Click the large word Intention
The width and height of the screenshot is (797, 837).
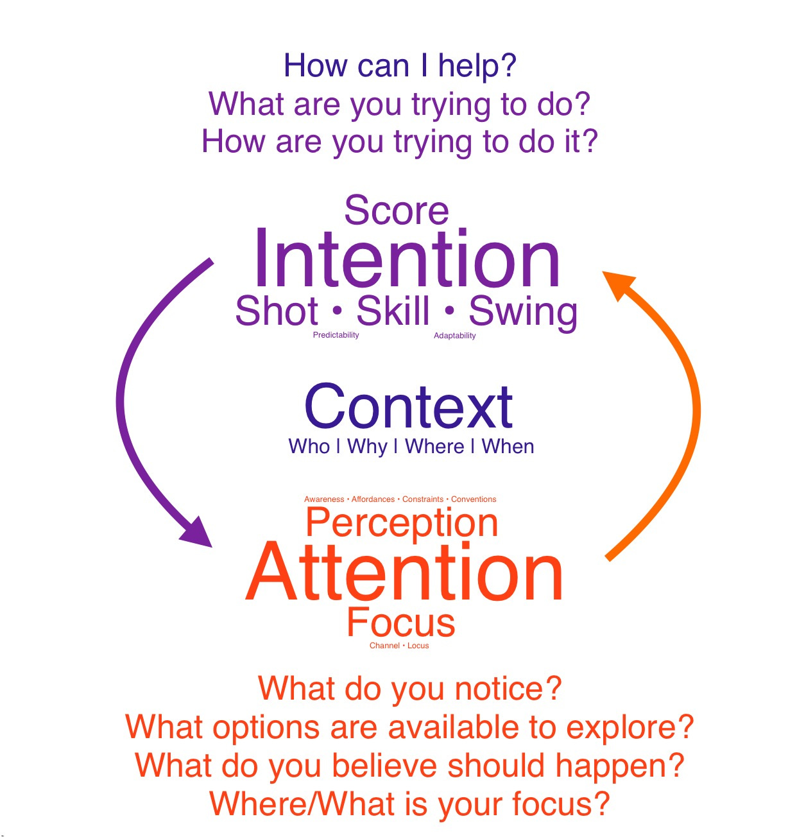407,260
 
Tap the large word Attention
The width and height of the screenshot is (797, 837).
404,573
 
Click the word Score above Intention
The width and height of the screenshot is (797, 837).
397,211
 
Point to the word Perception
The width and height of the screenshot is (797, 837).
402,522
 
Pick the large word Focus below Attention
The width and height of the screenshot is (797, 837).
401,622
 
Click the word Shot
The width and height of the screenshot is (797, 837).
277,312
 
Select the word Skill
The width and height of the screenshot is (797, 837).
393,312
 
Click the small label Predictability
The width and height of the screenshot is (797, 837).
336,335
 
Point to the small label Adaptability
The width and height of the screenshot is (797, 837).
454,336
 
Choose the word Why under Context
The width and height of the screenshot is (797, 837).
367,447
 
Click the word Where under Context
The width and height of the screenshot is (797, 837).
434,447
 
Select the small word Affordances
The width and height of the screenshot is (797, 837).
373,499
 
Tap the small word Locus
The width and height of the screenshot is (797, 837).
418,646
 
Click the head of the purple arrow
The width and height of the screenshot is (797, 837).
198,533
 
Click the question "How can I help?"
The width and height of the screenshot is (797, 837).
400,66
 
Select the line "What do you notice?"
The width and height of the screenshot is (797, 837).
409,689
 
